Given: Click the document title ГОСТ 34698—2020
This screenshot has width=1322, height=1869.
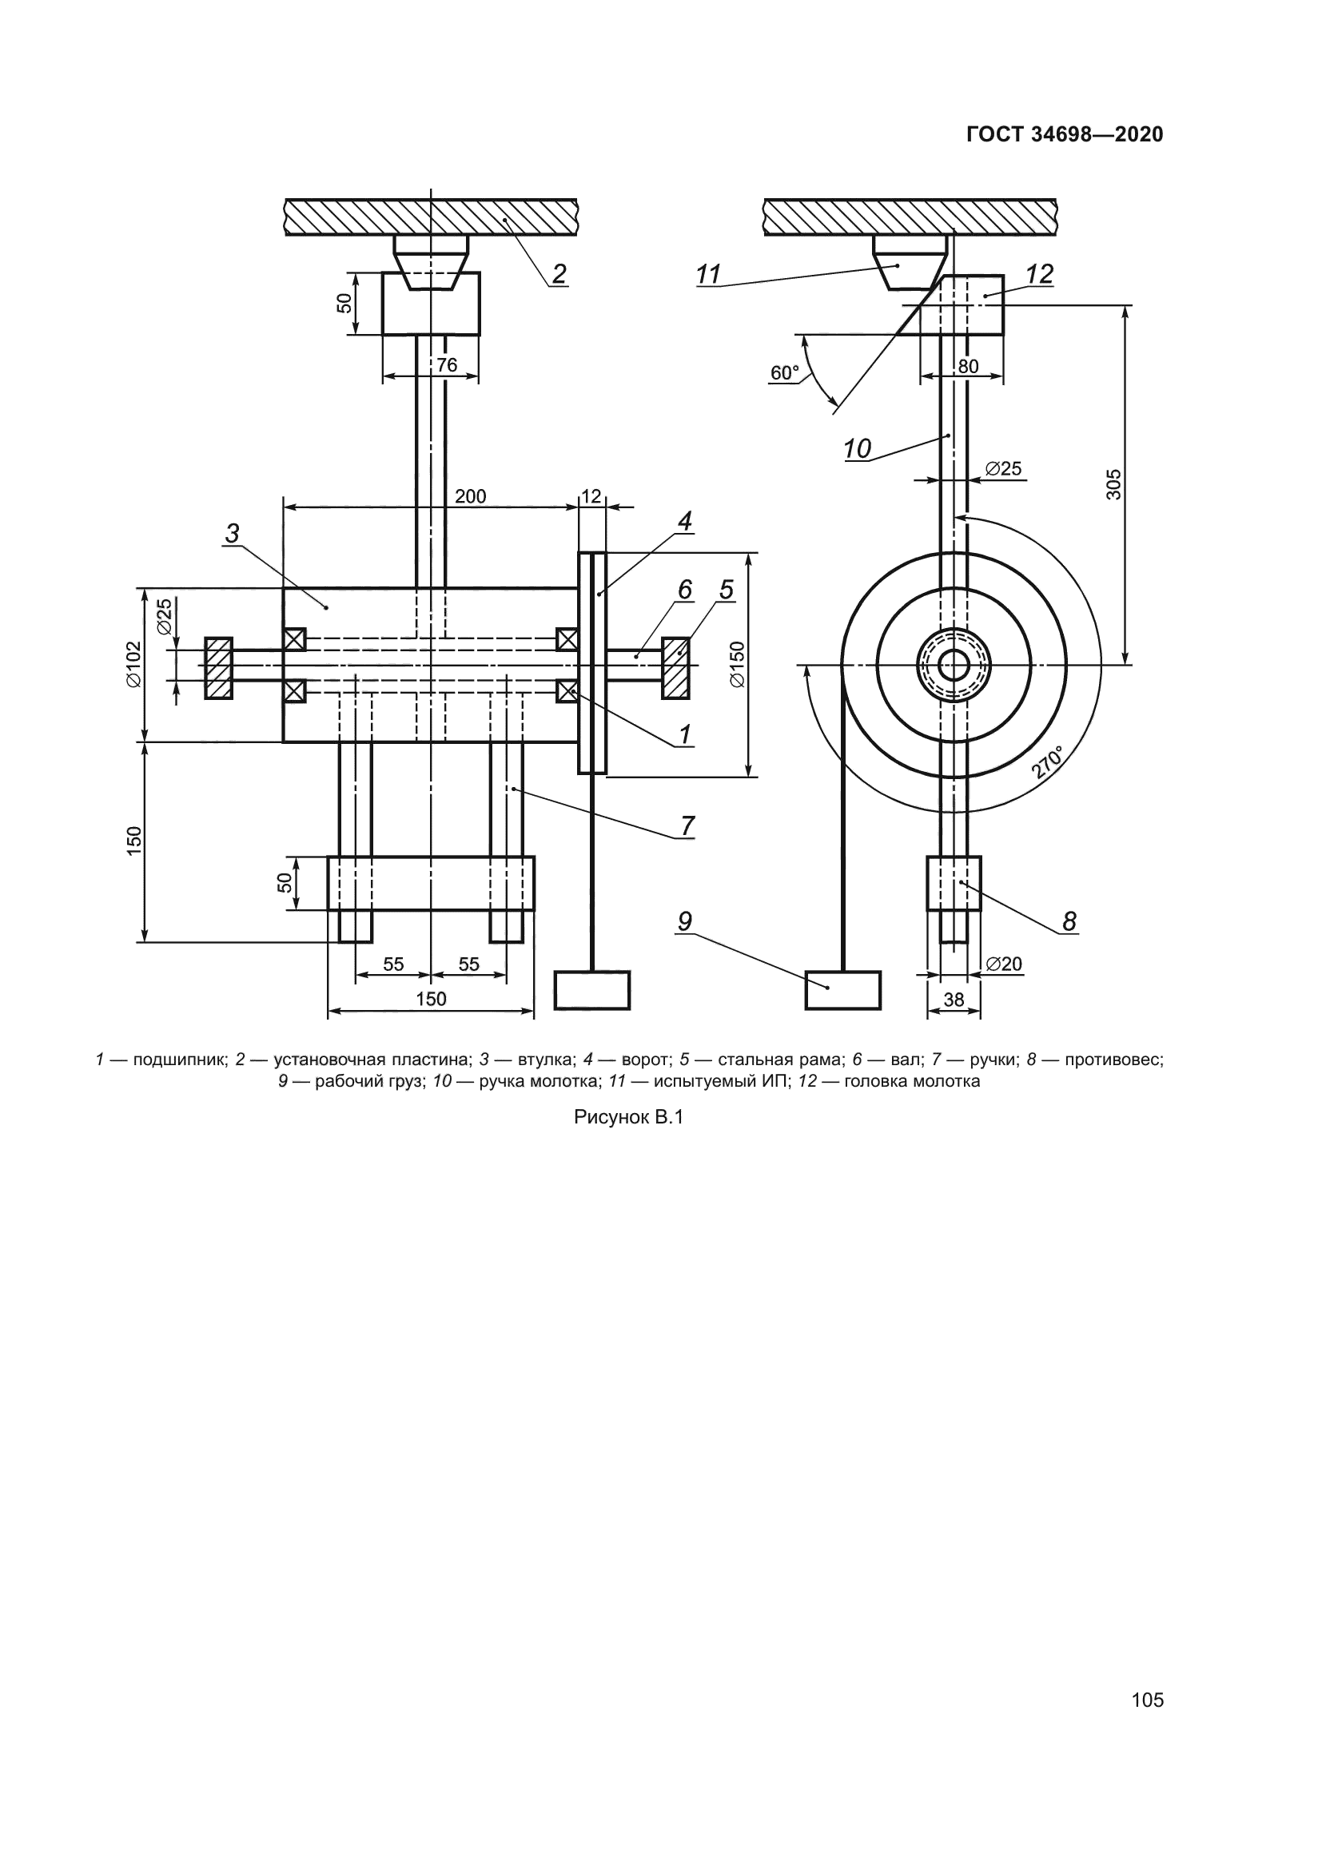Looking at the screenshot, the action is [x=1065, y=134].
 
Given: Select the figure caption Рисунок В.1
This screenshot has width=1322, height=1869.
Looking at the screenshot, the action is [x=628, y=1118].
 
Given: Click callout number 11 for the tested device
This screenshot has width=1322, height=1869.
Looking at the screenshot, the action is [x=709, y=275].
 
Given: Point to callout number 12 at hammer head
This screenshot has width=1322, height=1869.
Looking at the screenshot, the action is [x=1040, y=274].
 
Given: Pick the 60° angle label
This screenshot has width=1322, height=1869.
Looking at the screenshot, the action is [x=785, y=373].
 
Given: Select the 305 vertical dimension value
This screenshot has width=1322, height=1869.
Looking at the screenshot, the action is [x=1113, y=483].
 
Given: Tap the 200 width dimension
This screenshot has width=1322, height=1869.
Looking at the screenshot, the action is [x=471, y=495].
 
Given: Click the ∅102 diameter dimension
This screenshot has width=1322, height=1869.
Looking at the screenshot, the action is [x=133, y=664].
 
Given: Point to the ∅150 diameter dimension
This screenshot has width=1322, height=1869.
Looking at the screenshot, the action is [x=737, y=664].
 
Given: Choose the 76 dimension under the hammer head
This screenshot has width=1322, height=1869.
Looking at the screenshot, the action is [x=447, y=364].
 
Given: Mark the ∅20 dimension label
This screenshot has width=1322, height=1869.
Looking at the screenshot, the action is [x=1004, y=964].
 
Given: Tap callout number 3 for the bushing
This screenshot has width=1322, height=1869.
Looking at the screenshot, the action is [x=233, y=534].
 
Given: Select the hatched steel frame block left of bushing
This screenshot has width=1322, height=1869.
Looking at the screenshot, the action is [x=218, y=668].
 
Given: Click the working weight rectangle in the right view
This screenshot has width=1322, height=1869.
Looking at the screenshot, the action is [x=843, y=990].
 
